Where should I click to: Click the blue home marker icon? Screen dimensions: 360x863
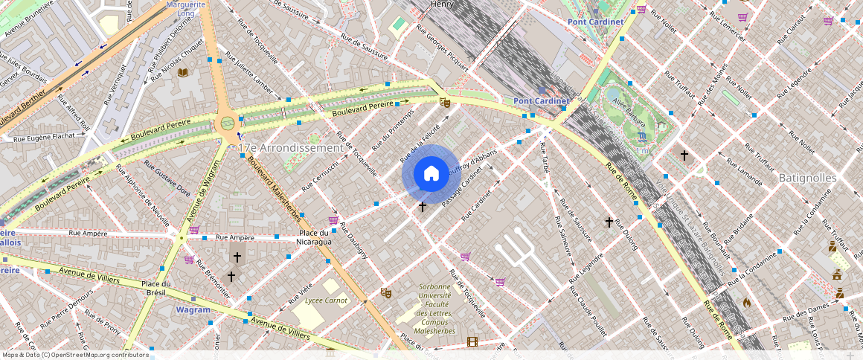pos(431,173)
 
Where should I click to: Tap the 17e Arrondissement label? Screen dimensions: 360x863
pos(291,148)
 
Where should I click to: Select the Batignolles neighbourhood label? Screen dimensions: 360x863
pos(807,179)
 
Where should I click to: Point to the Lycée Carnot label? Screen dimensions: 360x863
pos(326,300)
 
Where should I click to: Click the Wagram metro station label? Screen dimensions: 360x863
pos(193,309)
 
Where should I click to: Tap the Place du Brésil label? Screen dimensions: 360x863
pos(157,288)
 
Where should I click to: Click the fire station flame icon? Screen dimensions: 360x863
pos(747,303)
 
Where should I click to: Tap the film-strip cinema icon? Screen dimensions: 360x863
pos(472,342)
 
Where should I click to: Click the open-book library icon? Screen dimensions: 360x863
pos(183,73)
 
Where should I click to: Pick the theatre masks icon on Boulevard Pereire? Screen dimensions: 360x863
pos(445,102)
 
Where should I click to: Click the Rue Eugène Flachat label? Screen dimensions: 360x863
pos(44,137)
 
